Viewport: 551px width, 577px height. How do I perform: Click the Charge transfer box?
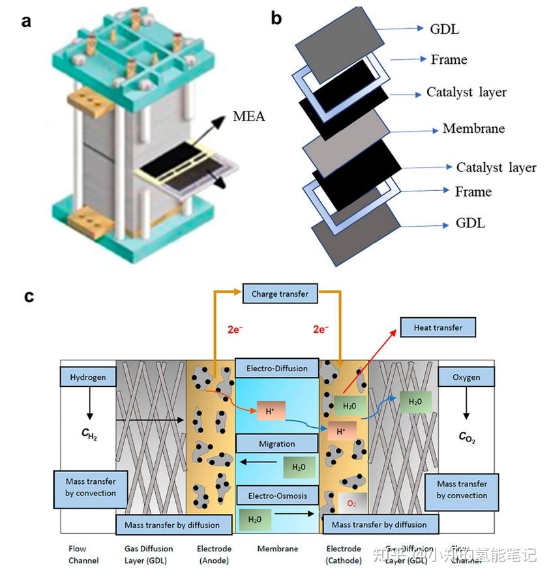280,294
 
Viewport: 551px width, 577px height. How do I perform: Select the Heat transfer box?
438,328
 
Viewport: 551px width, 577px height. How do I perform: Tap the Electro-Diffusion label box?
277,369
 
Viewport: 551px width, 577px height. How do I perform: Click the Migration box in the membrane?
277,444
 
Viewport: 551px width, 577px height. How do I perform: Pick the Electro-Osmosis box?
277,496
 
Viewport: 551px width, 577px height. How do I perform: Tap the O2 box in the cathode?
350,503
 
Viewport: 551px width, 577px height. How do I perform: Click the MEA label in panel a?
249,118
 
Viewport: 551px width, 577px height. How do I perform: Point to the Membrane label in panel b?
473,128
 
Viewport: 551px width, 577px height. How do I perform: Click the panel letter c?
29,296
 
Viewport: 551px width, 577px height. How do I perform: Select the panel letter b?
276,19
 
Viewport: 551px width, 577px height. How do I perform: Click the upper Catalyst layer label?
466,92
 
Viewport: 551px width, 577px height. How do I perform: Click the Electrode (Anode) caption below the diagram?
214,554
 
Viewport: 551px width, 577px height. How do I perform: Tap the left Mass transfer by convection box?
91,487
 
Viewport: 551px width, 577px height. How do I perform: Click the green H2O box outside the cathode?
415,402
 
